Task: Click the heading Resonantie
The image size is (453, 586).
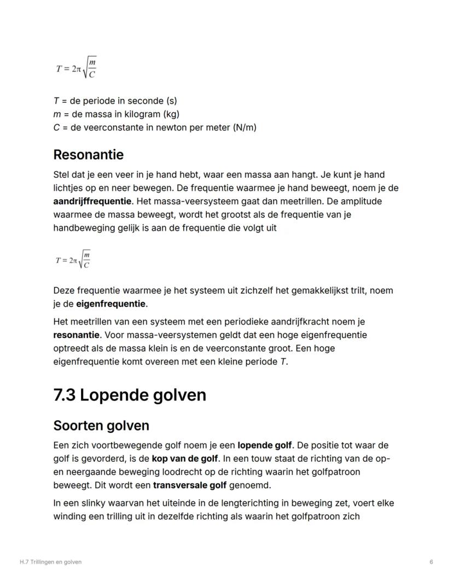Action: coord(88,155)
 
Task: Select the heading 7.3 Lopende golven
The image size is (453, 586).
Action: coord(130,394)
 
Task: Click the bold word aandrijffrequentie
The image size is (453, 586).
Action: coord(92,201)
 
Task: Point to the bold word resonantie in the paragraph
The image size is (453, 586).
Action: coord(77,335)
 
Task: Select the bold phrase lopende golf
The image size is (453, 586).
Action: coord(265,445)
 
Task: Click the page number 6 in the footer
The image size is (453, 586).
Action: coord(431,562)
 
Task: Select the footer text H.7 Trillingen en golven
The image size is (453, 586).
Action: coord(50,562)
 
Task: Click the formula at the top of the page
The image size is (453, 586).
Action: coord(77,68)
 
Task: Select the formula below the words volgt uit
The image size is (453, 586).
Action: coord(73,259)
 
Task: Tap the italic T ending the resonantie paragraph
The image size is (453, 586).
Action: coord(283,362)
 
